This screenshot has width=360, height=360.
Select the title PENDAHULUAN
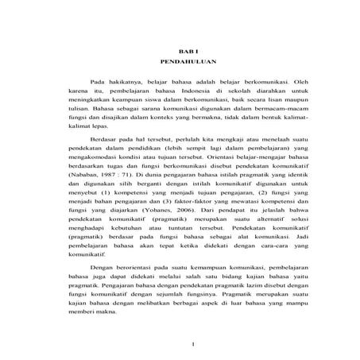coord(184,60)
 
